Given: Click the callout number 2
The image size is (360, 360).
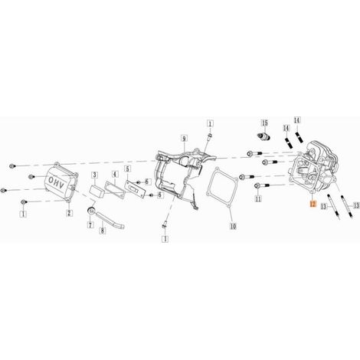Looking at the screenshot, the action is click(x=69, y=213).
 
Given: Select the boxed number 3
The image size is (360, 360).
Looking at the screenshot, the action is click(x=95, y=175).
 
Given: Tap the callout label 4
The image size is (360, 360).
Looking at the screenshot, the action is click(x=115, y=175).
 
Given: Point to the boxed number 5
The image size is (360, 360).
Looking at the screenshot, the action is click(x=127, y=169).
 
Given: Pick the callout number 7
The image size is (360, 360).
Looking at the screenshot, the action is click(x=90, y=225).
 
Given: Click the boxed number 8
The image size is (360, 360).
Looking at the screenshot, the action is click(x=103, y=231).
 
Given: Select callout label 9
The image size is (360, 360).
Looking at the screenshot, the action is click(x=184, y=139).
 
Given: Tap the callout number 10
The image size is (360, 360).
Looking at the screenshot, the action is click(x=233, y=226).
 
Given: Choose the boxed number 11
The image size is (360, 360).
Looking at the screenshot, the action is click(x=258, y=198).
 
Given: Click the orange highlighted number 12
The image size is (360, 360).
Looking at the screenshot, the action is click(x=313, y=204).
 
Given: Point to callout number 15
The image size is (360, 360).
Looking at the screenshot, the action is click(x=265, y=123).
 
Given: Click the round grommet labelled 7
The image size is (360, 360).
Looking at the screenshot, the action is click(x=91, y=211).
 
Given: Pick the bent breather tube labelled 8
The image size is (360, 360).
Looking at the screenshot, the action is click(x=110, y=221).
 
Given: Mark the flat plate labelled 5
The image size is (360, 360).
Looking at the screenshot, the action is click(x=135, y=188).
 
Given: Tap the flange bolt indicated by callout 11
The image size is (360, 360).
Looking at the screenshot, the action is click(x=262, y=185).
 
